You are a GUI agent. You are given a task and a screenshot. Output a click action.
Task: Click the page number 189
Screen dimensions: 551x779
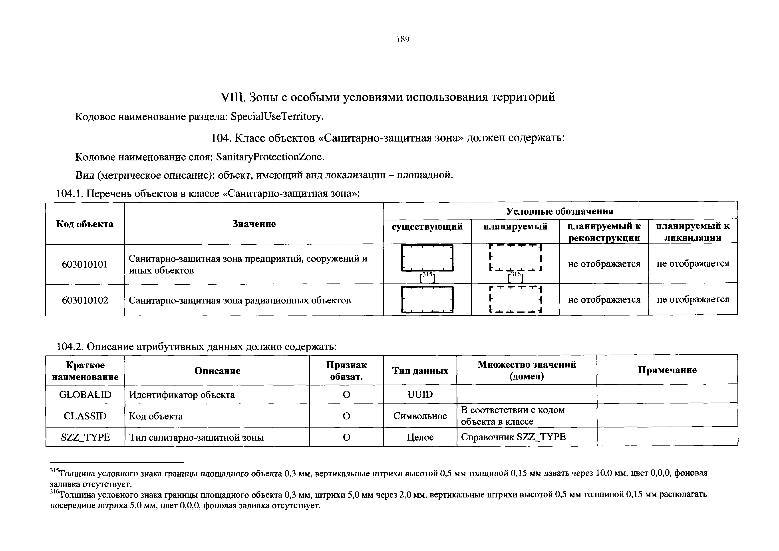click(403, 40)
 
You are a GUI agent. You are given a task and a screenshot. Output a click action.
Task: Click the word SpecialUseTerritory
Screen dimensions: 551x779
click(276, 117)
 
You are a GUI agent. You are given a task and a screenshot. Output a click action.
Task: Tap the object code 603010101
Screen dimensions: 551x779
click(85, 264)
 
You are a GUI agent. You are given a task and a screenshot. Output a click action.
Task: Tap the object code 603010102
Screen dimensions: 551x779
click(85, 300)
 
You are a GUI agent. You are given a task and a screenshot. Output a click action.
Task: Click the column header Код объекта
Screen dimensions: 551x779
click(85, 224)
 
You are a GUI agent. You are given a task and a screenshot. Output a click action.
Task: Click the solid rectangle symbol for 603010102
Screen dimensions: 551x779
click(427, 299)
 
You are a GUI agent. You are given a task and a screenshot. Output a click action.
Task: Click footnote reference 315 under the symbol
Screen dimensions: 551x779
click(427, 277)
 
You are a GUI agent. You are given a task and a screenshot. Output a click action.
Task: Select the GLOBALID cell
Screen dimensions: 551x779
click(85, 395)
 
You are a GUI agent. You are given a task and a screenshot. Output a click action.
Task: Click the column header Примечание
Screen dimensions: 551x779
click(667, 370)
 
